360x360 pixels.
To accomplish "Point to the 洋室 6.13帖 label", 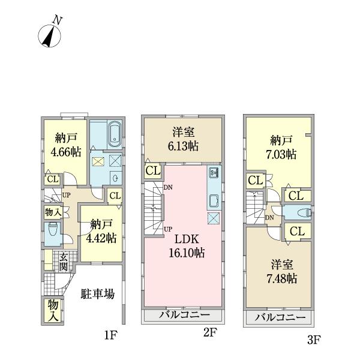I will point(183,140).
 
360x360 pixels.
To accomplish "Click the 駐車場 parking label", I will point(98,295).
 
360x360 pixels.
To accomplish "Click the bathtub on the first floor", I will point(113,136).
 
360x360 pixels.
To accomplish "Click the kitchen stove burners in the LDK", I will point(215,175).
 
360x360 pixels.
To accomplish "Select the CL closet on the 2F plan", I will point(152,172).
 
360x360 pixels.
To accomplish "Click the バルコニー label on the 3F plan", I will point(280,318).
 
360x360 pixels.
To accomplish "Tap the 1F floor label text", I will point(109,335).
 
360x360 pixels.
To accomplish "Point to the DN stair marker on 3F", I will point(270,218).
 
